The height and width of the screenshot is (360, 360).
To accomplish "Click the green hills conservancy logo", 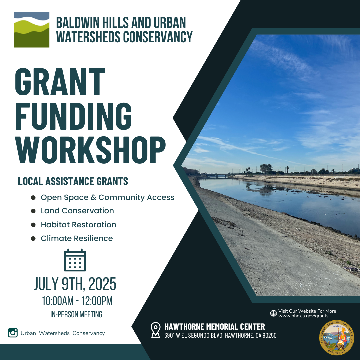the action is (x=32, y=30).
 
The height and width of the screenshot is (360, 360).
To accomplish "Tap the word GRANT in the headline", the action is (x=60, y=82).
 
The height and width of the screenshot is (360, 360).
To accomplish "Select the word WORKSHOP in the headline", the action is (x=90, y=150).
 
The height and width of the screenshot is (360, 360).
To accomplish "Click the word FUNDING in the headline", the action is (x=73, y=116).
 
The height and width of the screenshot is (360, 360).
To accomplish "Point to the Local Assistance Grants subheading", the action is (x=73, y=181).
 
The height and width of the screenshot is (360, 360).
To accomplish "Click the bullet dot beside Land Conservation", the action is (x=33, y=211).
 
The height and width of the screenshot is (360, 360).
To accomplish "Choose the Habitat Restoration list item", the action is (x=79, y=225).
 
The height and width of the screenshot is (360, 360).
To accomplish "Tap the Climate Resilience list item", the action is (x=77, y=238).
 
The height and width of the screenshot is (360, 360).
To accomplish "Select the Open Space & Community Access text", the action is (x=107, y=197).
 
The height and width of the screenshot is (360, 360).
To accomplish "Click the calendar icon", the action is (x=75, y=260).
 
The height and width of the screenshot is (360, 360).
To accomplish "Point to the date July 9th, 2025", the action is (x=75, y=284).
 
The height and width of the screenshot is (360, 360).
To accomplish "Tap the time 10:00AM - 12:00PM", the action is (x=77, y=301).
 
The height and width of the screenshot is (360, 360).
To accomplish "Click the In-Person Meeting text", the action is (x=76, y=314).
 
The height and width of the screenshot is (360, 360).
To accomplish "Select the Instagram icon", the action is (x=13, y=333).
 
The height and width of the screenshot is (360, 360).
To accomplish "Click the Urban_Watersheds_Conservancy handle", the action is (x=63, y=333).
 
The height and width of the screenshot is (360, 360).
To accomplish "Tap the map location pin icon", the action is (x=155, y=330).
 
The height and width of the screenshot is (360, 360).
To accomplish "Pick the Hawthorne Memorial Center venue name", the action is (x=215, y=326).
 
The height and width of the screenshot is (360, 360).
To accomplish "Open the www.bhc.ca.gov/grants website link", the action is (x=303, y=316).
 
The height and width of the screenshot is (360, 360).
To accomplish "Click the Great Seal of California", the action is (x=337, y=337).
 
